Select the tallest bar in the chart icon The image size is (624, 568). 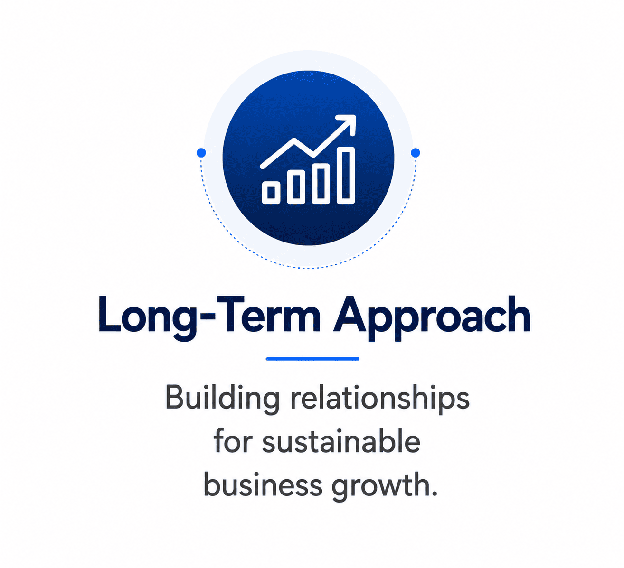click(346, 176)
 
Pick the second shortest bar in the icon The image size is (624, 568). click(296, 187)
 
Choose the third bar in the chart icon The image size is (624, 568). click(321, 184)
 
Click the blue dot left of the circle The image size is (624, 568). click(201, 153)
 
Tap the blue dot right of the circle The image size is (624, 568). click(416, 153)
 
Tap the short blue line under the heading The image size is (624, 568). click(312, 359)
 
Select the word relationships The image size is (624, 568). click(380, 400)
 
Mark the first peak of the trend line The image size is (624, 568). click(294, 140)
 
